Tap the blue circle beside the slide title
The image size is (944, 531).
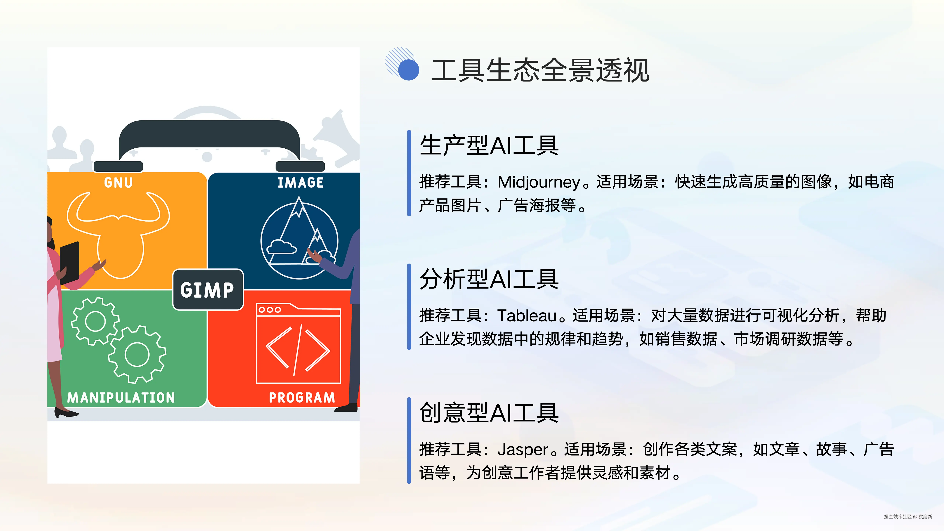click(409, 70)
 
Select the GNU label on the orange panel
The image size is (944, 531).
click(118, 183)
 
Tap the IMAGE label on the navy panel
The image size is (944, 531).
click(301, 183)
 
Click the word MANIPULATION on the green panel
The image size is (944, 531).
click(121, 398)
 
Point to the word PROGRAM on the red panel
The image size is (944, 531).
click(302, 398)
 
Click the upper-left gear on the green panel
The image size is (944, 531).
click(95, 321)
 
